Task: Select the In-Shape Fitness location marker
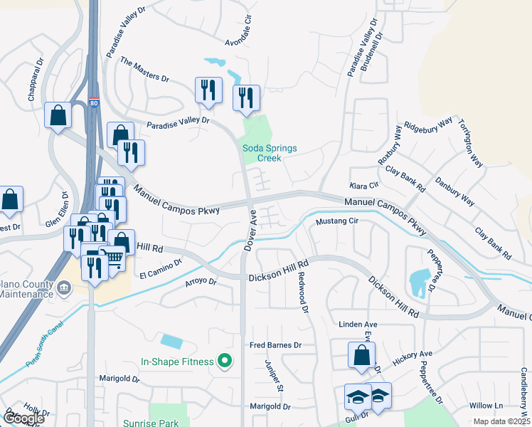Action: [225, 362]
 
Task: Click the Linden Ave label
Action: [357, 324]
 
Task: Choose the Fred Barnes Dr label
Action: [276, 345]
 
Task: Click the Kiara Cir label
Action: [363, 185]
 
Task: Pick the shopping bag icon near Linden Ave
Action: [361, 354]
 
